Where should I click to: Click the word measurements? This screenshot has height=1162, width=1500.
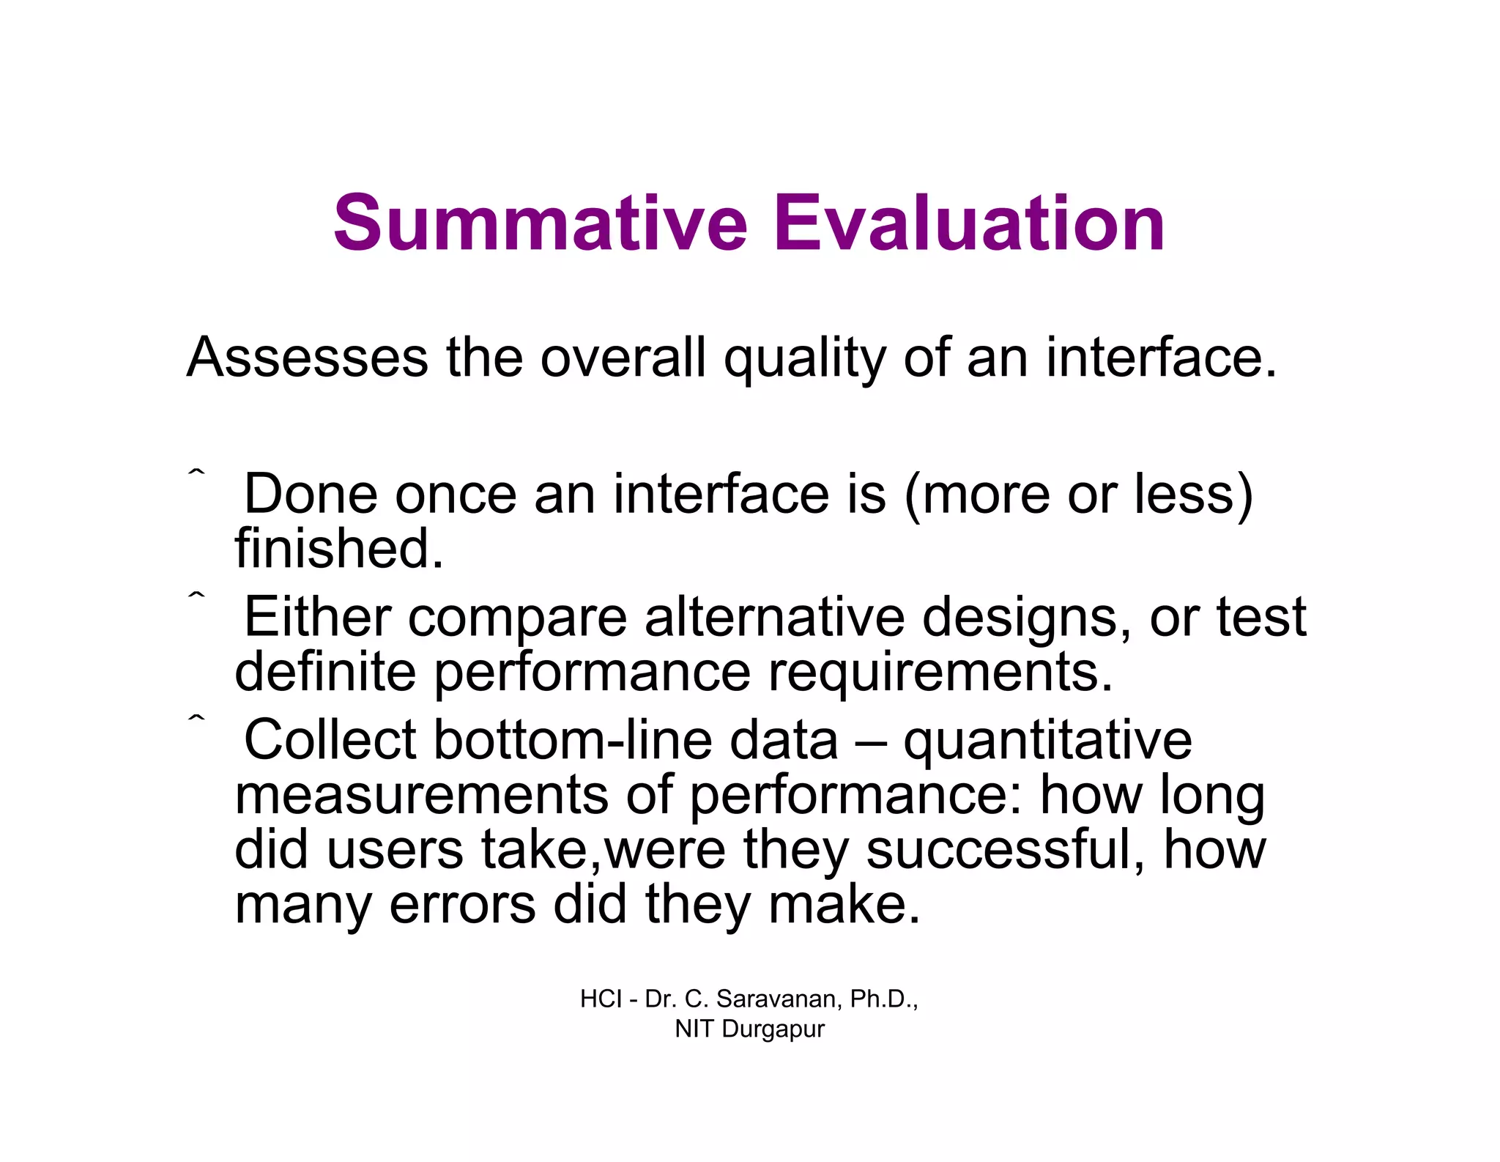(421, 795)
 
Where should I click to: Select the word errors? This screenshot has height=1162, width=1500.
(462, 904)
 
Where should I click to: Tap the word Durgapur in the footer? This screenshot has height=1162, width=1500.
(773, 1029)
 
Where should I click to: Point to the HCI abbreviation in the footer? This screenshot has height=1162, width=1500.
(601, 999)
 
